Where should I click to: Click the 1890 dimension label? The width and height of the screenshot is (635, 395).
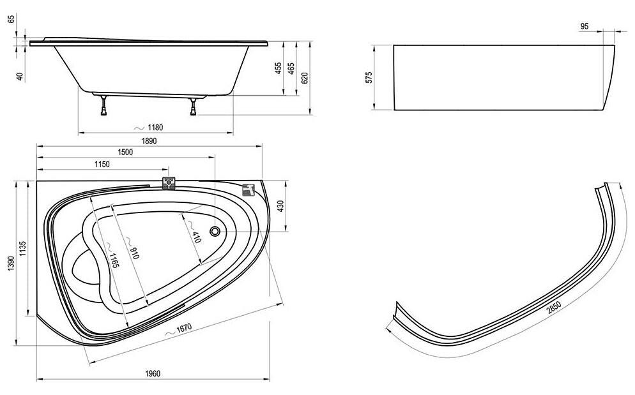[149, 141]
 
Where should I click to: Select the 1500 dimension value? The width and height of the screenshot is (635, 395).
[125, 152]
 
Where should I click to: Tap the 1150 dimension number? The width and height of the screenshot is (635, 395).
[102, 164]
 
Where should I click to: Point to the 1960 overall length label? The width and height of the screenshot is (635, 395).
[153, 373]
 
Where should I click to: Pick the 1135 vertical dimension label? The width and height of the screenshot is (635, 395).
[23, 248]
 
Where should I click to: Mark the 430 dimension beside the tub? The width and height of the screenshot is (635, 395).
[280, 206]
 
